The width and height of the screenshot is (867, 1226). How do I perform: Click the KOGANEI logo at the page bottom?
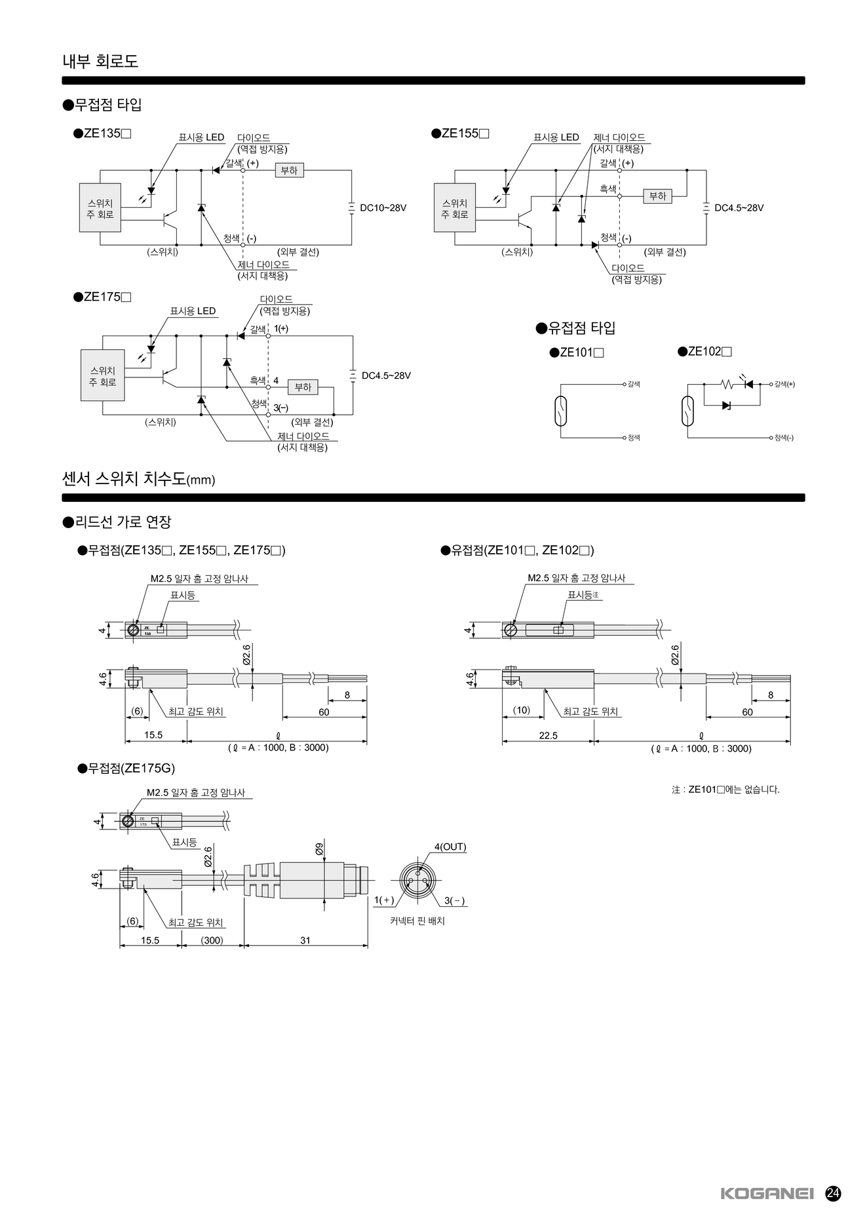click(x=767, y=1193)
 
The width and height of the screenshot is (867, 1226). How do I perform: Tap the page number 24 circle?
click(x=833, y=1193)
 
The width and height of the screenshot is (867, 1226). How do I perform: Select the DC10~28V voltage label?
click(x=383, y=208)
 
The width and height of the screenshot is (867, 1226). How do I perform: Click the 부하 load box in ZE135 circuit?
click(x=289, y=170)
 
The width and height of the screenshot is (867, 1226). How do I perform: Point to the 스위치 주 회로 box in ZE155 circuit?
click(x=455, y=208)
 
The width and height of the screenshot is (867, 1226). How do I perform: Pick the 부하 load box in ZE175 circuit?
click(x=303, y=387)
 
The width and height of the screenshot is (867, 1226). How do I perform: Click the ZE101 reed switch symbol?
click(x=561, y=412)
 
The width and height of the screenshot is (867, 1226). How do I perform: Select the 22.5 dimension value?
click(x=548, y=735)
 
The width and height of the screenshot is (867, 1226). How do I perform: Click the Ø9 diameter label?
click(x=319, y=849)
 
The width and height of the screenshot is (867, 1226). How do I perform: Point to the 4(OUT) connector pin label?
click(x=450, y=847)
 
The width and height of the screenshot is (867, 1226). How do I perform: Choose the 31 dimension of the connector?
click(x=305, y=940)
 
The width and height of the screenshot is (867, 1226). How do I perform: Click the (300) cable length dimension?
click(x=212, y=940)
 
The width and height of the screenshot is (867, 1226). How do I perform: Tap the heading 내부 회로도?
click(x=100, y=62)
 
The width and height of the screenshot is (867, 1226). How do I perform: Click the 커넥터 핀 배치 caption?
click(x=417, y=921)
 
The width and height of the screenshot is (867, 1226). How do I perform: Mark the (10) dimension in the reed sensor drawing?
click(x=522, y=710)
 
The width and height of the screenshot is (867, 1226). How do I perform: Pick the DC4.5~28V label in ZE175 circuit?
click(x=386, y=375)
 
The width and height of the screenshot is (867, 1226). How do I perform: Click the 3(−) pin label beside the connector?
click(x=455, y=900)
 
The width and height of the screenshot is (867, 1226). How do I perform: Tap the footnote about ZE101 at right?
click(x=725, y=790)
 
